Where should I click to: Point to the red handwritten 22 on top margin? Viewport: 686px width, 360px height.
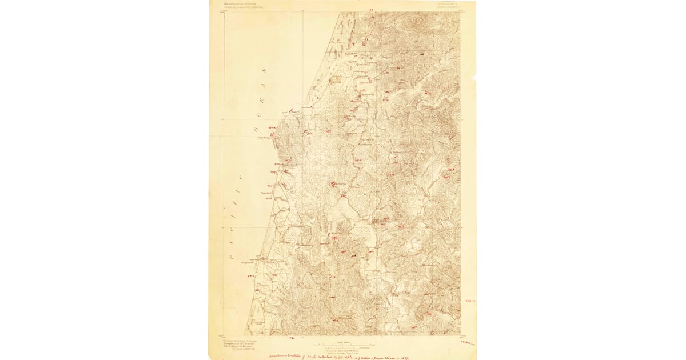click(371, 10)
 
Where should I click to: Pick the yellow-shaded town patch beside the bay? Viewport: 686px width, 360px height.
click(334, 81)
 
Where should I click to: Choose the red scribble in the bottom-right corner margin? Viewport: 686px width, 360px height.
click(469, 342)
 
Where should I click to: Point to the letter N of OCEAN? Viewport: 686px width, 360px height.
click(264, 71)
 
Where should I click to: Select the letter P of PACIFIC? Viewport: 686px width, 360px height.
click(232, 257)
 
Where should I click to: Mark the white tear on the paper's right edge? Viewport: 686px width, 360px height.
click(474, 78)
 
